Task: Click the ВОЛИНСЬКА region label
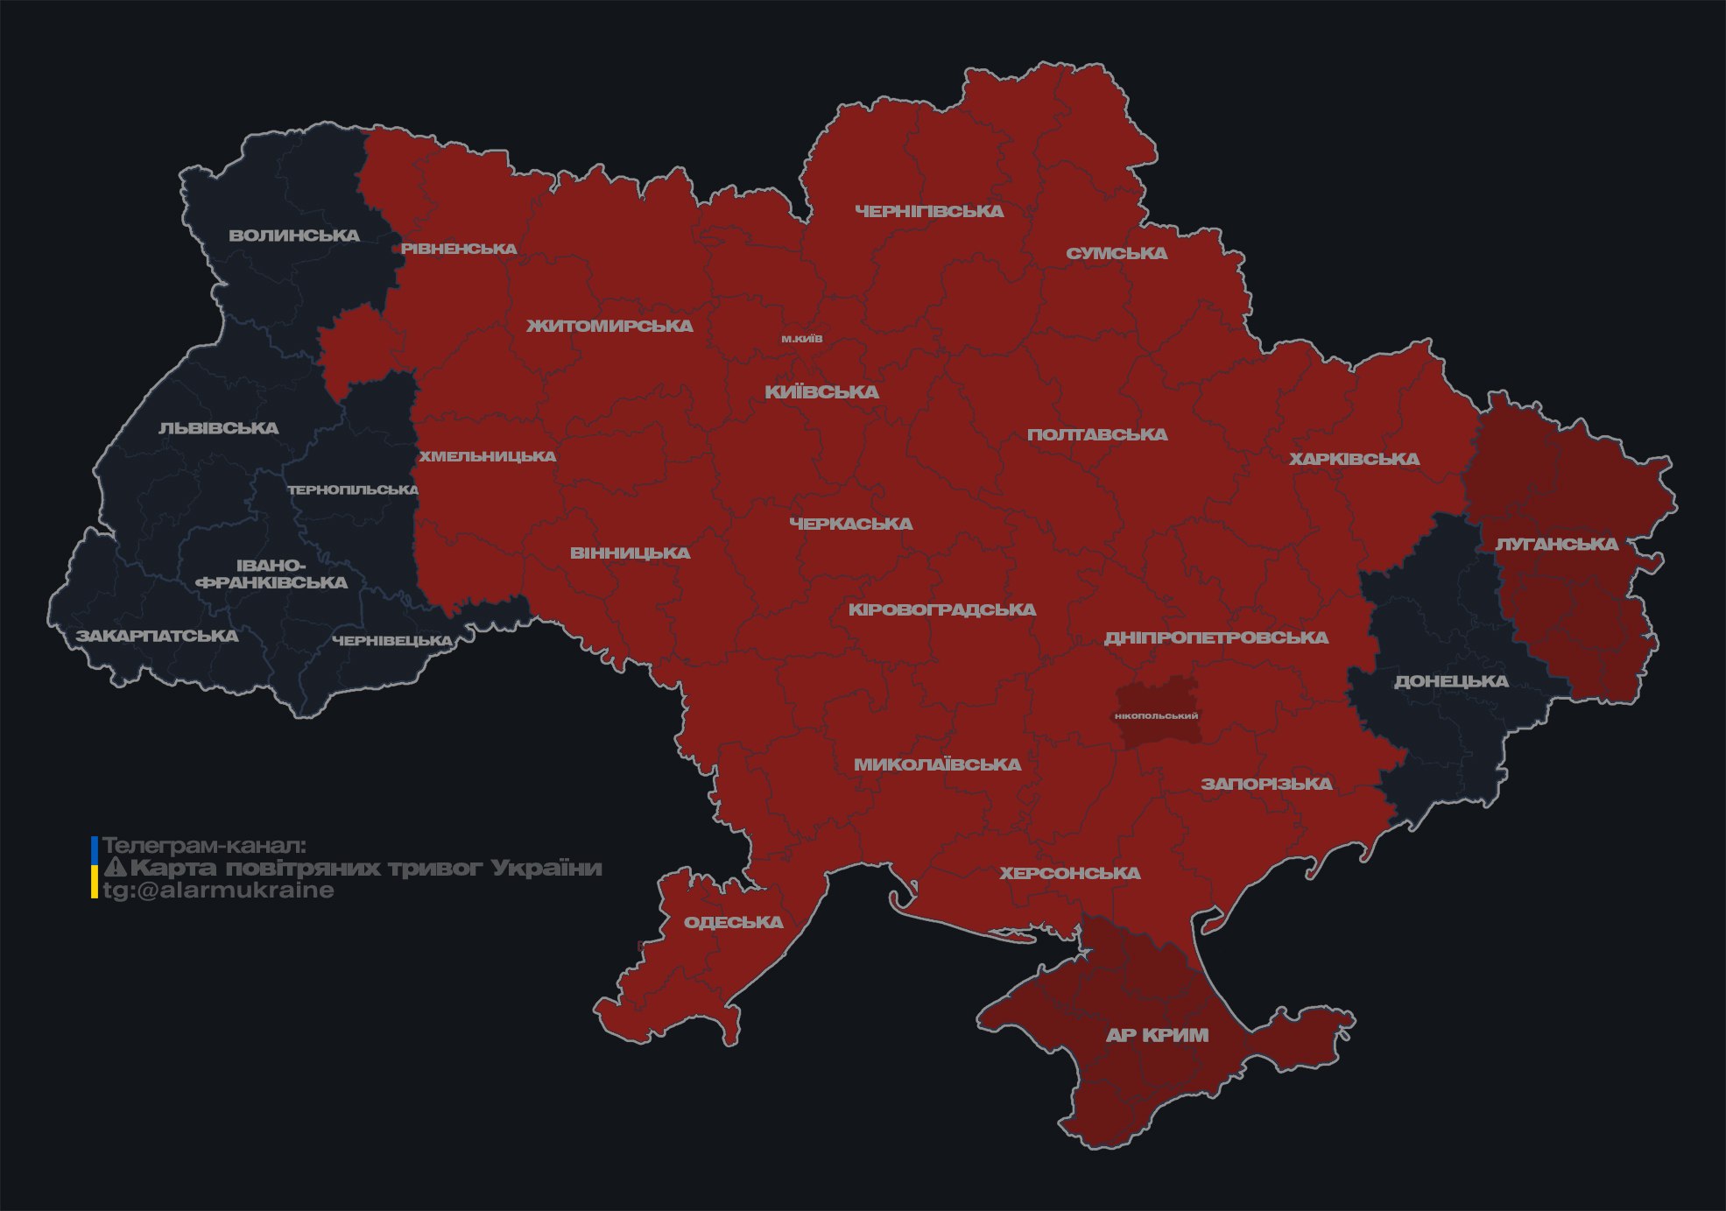click(x=294, y=236)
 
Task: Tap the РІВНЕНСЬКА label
click(x=459, y=249)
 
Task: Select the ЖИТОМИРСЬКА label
click(x=609, y=326)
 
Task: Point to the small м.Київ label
click(x=801, y=339)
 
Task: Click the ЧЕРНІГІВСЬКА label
click(x=929, y=211)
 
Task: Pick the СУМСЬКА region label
click(x=1117, y=253)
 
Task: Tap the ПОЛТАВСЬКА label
click(x=1097, y=434)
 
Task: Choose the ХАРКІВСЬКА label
click(x=1354, y=459)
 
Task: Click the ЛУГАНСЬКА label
click(x=1556, y=544)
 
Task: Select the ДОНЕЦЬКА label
click(x=1451, y=681)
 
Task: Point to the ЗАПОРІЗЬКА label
click(x=1266, y=784)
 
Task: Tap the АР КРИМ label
click(x=1157, y=1035)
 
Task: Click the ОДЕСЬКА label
click(x=733, y=922)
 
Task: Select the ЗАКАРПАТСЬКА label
click(x=157, y=636)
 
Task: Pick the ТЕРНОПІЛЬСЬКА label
click(x=353, y=489)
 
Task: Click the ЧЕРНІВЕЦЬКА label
click(x=392, y=641)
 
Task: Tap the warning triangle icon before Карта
click(x=115, y=868)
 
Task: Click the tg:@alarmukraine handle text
click(x=218, y=891)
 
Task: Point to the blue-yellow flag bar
click(x=95, y=867)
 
